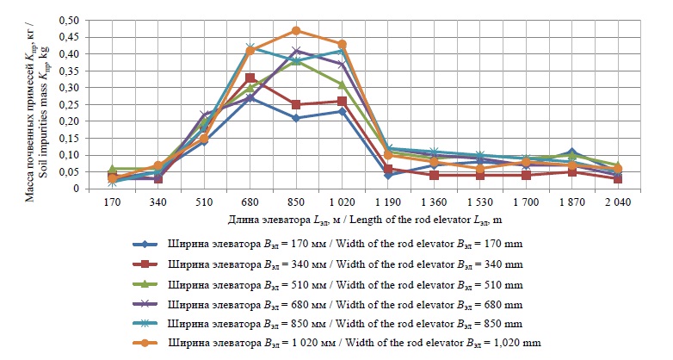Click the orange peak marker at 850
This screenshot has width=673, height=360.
[x=296, y=30]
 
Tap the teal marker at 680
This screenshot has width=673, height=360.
[x=250, y=47]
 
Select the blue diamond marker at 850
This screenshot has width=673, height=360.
[x=296, y=118]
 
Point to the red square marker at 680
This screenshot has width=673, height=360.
[x=250, y=78]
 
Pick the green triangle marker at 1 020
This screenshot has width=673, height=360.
[x=343, y=84]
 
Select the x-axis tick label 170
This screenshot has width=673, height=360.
[x=111, y=204]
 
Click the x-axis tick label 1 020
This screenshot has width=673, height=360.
[x=343, y=204]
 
